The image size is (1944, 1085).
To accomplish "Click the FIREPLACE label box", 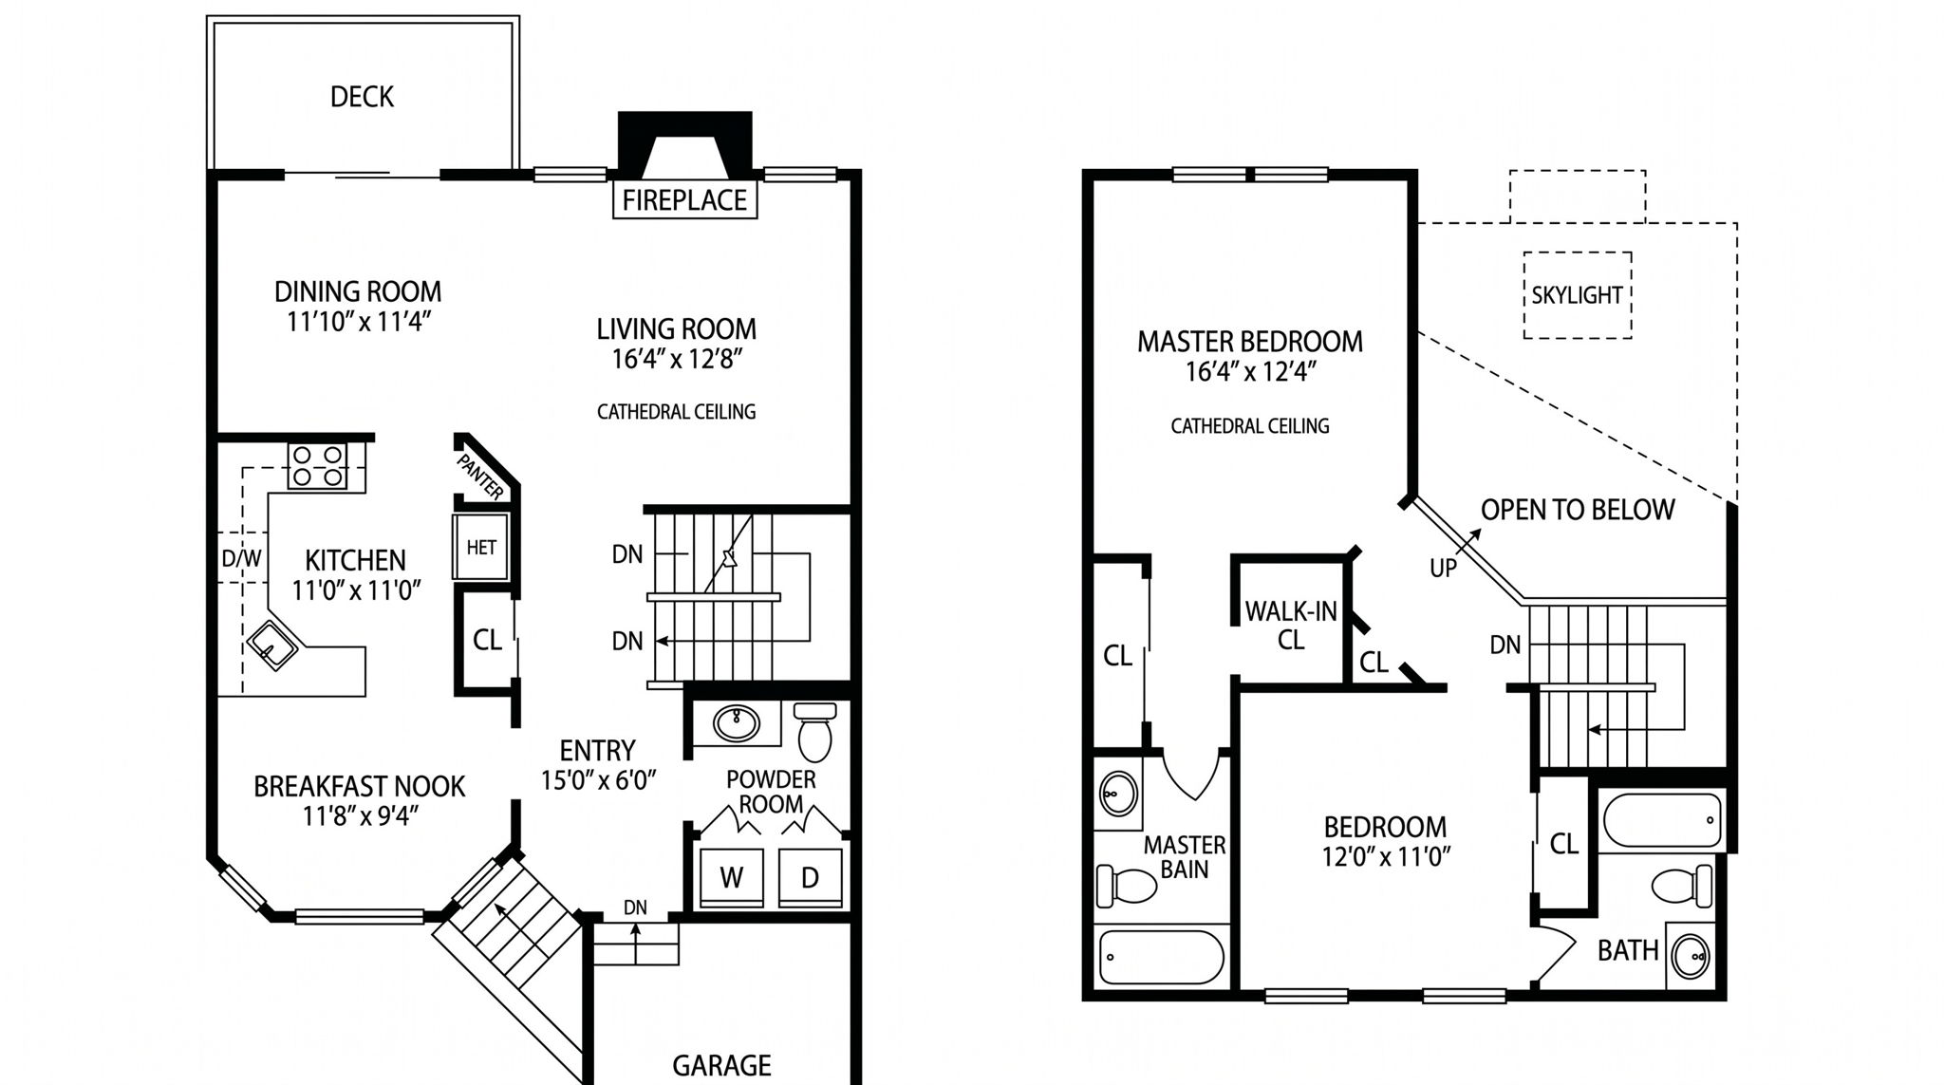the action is pos(684,199).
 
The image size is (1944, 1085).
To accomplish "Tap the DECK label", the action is pos(362,97).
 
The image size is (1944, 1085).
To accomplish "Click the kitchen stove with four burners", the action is pos(317,465).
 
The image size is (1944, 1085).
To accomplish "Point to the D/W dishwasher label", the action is pos(241,558).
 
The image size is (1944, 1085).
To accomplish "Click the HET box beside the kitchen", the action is pos(481,547).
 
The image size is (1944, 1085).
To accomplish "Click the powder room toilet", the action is pos(814,731).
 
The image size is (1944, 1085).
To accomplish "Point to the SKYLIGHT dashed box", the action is pos(1578,295).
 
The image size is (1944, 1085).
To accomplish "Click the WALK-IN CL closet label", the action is pos(1291,626).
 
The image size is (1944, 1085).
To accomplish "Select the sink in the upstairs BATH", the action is pos(1690,955).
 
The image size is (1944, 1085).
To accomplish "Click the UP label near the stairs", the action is pos(1443,569).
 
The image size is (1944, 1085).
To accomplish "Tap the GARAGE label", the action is pos(721,1066).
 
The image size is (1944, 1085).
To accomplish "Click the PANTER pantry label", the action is pos(480,477).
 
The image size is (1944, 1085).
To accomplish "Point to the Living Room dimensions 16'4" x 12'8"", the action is pos(676,359).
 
